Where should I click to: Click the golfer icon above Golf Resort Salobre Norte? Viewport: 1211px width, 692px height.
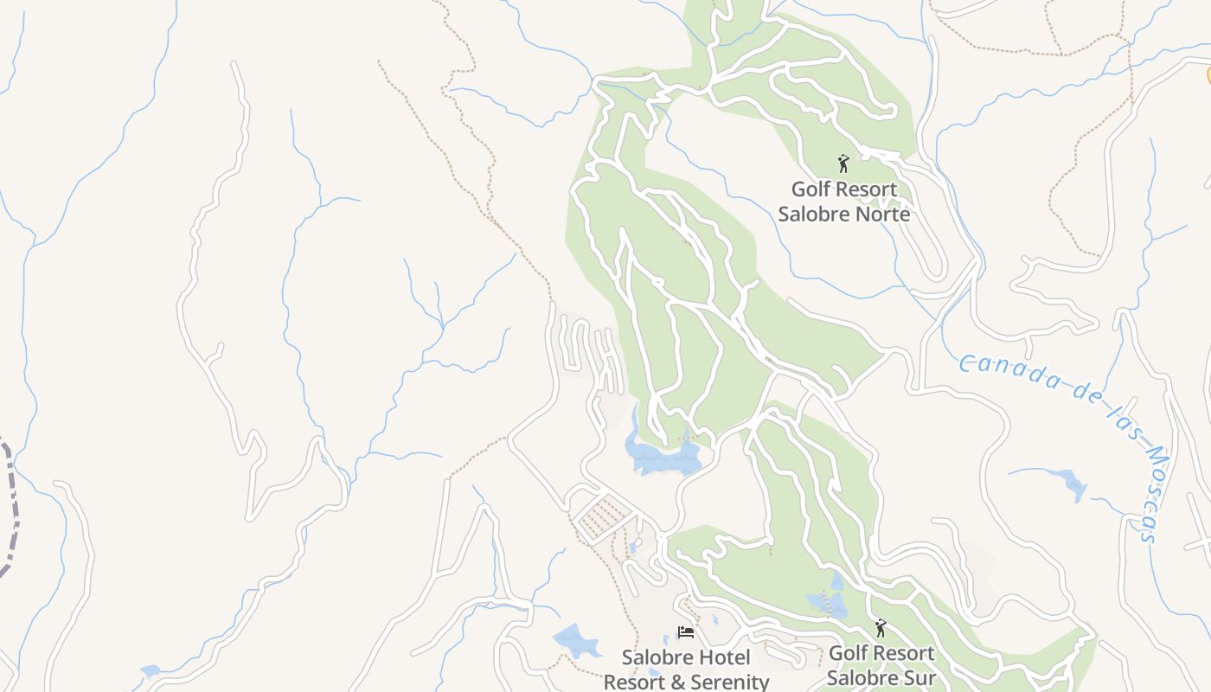click(843, 163)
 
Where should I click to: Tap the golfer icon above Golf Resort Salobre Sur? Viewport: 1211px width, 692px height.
click(881, 627)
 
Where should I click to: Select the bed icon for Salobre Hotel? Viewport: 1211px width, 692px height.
click(686, 632)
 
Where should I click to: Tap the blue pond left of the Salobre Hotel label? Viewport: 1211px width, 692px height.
click(574, 641)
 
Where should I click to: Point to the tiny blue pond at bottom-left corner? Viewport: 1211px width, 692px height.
click(151, 670)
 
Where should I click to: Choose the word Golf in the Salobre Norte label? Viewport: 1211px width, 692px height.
click(811, 189)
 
